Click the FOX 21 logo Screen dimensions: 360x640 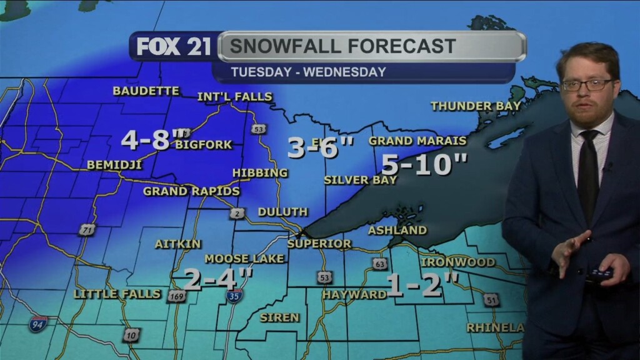pyautogui.click(x=174, y=47)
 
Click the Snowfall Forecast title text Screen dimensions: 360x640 pyautogui.click(x=342, y=46)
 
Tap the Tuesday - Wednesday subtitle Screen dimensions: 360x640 pyautogui.click(x=308, y=72)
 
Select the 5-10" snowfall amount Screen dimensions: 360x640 pyautogui.click(x=424, y=164)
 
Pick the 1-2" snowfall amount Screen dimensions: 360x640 pyautogui.click(x=422, y=284)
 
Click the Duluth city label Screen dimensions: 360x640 pyautogui.click(x=282, y=212)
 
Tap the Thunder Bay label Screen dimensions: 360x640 pyautogui.click(x=476, y=106)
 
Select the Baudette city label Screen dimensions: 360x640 pyautogui.click(x=146, y=91)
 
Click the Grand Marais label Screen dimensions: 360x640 pyautogui.click(x=417, y=141)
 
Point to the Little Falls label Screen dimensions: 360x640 pyautogui.click(x=117, y=293)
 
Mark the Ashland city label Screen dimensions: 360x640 pyautogui.click(x=397, y=230)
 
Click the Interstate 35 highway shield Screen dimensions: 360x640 pyautogui.click(x=234, y=296)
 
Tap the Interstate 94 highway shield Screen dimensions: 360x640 pyautogui.click(x=38, y=323)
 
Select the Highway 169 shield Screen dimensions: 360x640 pyautogui.click(x=176, y=296)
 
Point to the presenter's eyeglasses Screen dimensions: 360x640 pyautogui.click(x=587, y=84)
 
